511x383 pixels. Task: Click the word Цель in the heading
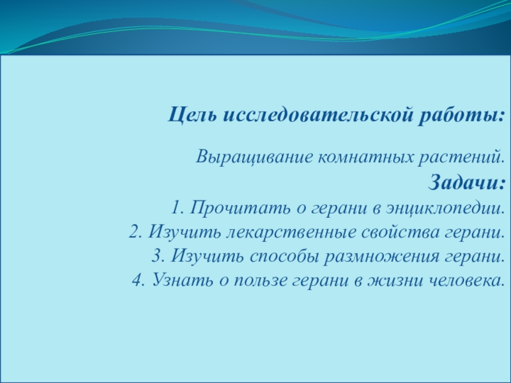192,115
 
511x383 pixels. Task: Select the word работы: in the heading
461,116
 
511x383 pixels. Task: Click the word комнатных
365,158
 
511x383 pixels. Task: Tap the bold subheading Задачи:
467,182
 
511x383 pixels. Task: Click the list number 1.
178,207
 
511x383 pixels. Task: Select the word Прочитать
241,208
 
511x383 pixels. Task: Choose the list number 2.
135,232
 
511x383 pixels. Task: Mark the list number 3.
158,256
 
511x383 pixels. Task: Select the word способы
284,257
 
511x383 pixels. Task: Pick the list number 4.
139,280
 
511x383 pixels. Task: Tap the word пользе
261,280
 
